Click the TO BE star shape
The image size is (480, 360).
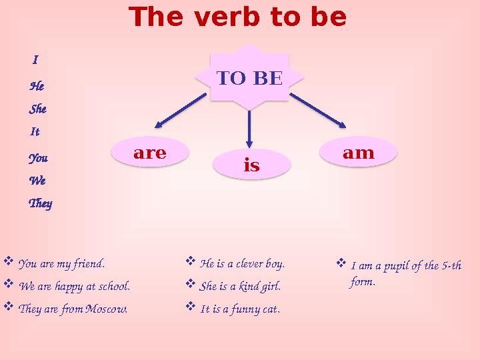click(x=249, y=77)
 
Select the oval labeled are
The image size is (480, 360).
click(x=150, y=152)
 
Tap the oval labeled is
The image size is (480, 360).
click(x=251, y=165)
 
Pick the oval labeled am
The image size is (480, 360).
click(x=359, y=152)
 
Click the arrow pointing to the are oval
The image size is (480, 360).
click(x=181, y=111)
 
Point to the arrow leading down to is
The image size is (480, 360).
click(x=249, y=129)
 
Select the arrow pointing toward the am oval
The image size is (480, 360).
click(x=318, y=111)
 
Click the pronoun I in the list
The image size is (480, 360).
click(x=35, y=59)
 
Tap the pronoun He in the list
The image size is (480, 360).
click(x=37, y=86)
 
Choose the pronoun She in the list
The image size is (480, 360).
click(x=37, y=109)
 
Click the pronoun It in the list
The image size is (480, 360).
click(x=35, y=131)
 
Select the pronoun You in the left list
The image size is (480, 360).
click(x=38, y=158)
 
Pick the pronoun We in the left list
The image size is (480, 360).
click(x=37, y=180)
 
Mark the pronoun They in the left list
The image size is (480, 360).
click(x=41, y=203)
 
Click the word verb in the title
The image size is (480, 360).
click(x=229, y=17)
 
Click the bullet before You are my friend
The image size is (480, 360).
click(x=8, y=261)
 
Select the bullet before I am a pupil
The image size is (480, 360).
click(x=341, y=263)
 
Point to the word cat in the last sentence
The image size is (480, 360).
click(x=271, y=309)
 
